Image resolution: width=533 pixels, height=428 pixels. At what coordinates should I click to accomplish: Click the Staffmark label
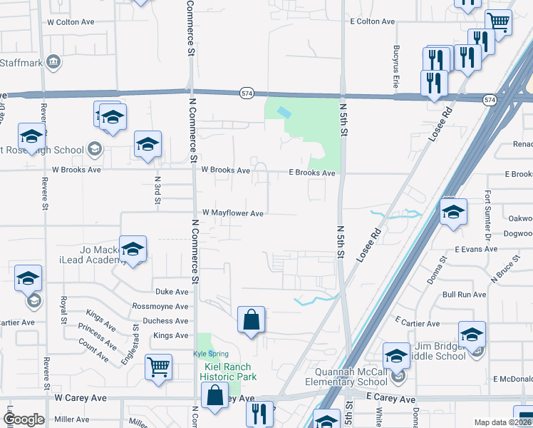(22, 63)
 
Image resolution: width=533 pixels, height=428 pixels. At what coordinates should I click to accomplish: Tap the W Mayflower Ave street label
(233, 213)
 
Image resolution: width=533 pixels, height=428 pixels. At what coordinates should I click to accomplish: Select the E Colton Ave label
(372, 22)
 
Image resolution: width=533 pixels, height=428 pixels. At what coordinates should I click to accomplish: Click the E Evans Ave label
(475, 249)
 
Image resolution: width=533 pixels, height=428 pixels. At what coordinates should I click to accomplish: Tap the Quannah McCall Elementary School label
(353, 377)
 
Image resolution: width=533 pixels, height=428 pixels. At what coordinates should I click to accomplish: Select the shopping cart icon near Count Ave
(158, 367)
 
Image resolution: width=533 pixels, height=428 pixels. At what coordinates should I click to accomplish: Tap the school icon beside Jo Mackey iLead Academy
(133, 249)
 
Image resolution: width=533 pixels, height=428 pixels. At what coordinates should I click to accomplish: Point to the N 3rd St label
(157, 192)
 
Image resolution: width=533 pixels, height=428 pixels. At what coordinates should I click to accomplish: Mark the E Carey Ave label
(390, 397)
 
